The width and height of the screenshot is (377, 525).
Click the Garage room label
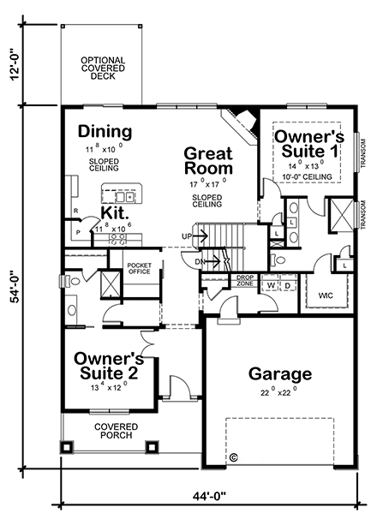[x=279, y=374]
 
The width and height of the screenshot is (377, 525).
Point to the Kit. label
[x=115, y=212]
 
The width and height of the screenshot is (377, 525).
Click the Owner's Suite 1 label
[x=308, y=144]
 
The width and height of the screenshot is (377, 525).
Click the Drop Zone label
[x=245, y=282]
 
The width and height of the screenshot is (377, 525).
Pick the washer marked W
[x=271, y=284]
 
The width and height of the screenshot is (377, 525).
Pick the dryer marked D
[x=287, y=284]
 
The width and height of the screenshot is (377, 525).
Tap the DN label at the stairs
[x=199, y=260]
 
